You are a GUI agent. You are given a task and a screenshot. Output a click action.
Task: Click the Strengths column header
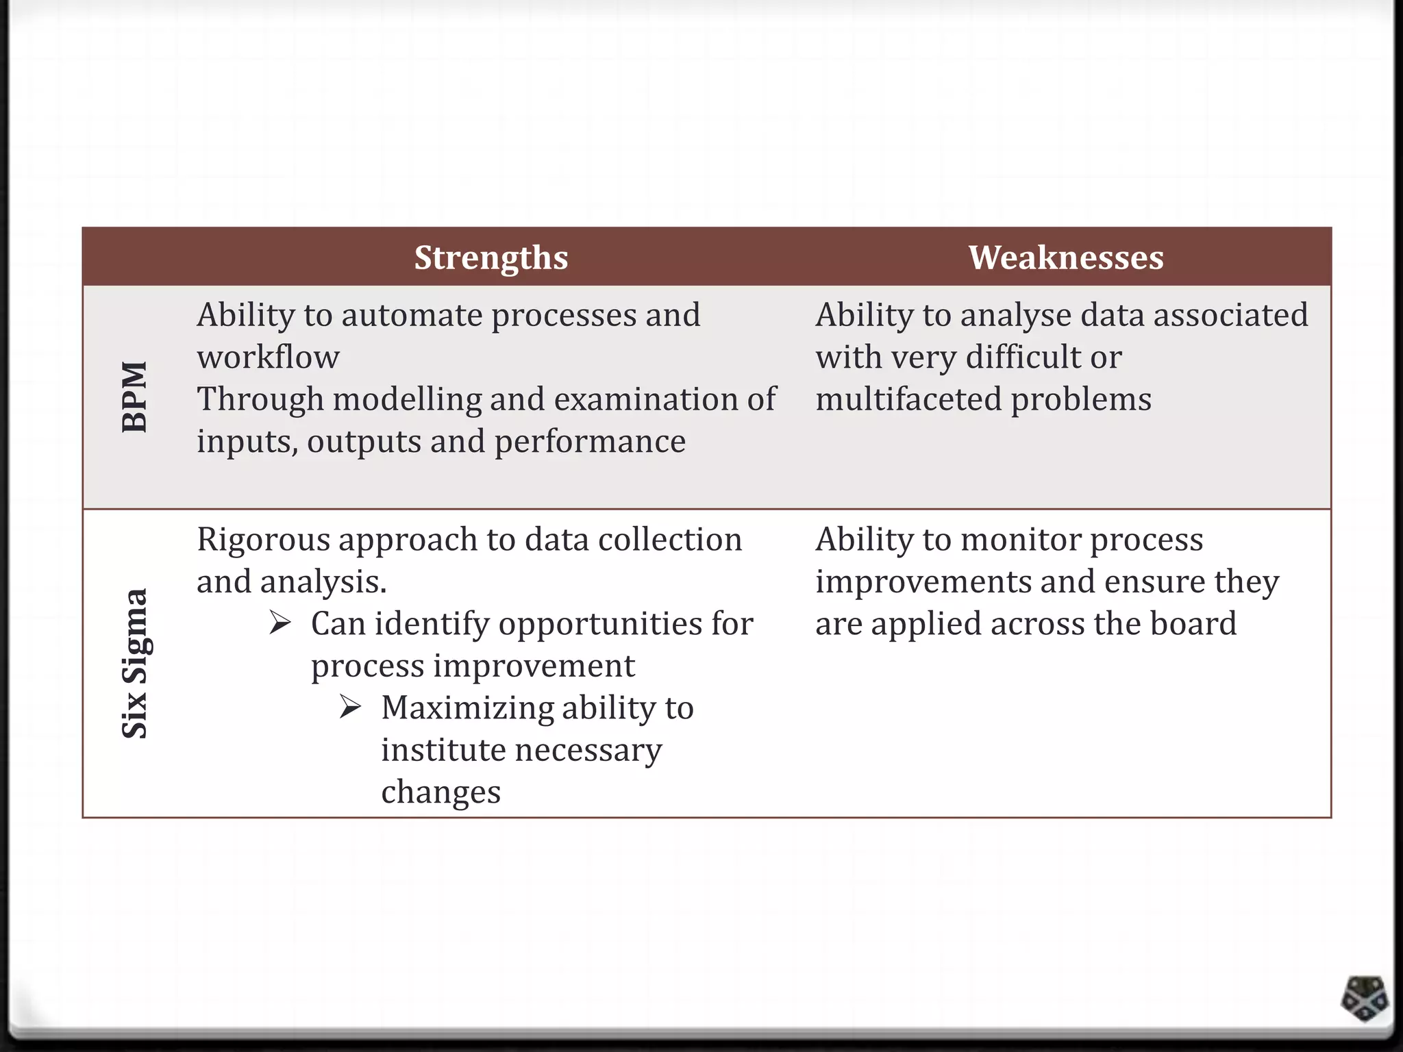[x=491, y=258]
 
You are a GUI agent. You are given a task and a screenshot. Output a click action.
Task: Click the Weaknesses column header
[x=1066, y=258]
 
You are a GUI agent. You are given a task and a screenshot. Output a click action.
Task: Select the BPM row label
[x=134, y=397]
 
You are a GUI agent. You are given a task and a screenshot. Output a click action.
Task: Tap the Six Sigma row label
[x=134, y=663]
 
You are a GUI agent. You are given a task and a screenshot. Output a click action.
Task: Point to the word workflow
[x=268, y=358]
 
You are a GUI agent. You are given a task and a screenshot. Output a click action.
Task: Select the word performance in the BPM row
[x=590, y=442]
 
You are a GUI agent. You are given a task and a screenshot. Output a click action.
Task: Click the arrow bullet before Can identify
[x=280, y=623]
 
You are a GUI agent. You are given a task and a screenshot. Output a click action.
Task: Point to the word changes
[x=440, y=792]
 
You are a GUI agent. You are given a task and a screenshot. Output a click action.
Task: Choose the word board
[x=1193, y=624]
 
